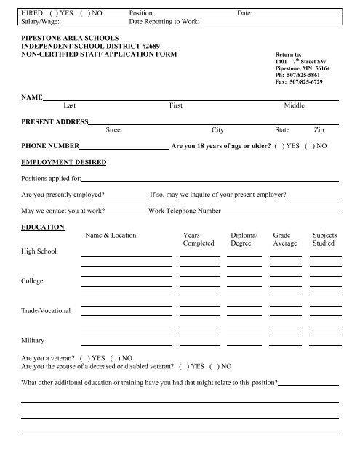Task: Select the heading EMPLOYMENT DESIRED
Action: pos(64,161)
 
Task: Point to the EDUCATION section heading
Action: pos(43,227)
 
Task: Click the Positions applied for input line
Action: pos(211,179)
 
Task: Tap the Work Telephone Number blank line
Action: pos(279,213)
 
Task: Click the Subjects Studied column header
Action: pos(324,240)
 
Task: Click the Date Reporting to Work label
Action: pos(169,22)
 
